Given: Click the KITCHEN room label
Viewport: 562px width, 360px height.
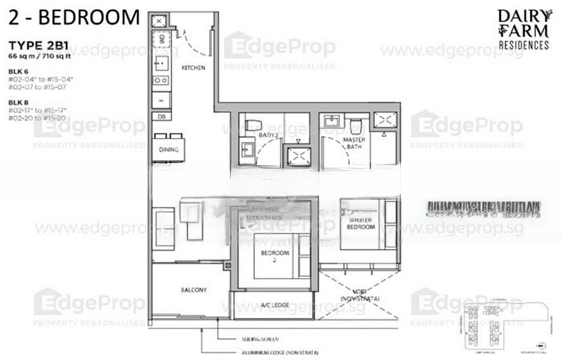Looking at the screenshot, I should [x=193, y=67].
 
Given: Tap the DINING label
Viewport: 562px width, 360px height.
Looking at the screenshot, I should [x=168, y=149].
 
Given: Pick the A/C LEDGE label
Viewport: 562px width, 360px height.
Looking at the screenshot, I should [x=271, y=305].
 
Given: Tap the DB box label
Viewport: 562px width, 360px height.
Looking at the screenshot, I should [x=161, y=117].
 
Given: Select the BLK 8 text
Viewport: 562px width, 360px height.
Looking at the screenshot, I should [x=17, y=102].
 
